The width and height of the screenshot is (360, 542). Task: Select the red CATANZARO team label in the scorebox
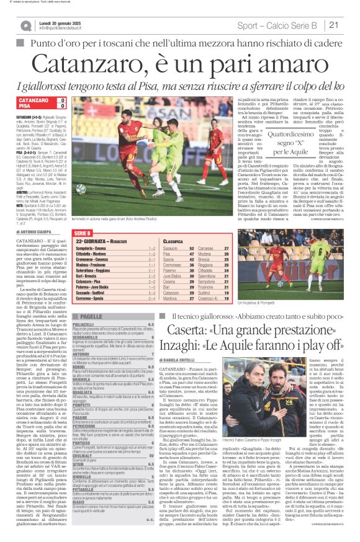(x=34, y=100)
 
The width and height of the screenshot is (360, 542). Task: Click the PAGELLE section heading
(x=91, y=316)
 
